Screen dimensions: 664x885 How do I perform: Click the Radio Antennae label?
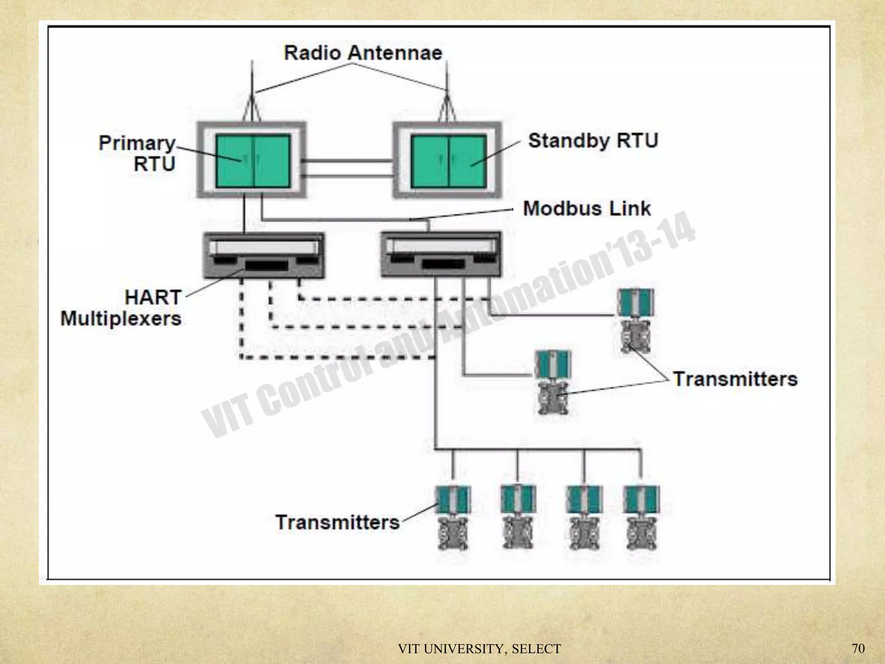pos(363,53)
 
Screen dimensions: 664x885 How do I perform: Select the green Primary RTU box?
pos(253,161)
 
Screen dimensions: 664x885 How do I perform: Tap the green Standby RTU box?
pos(448,161)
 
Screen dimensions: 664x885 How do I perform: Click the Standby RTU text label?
pos(593,141)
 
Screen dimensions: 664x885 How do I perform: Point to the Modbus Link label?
pos(586,209)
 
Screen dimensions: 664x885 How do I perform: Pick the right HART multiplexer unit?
pos(441,254)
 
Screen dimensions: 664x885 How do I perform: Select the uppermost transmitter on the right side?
pos(635,320)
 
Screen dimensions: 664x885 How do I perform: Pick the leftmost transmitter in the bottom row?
pos(452,517)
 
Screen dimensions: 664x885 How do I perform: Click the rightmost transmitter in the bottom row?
pos(641,517)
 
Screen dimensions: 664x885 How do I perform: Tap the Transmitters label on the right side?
pos(735,379)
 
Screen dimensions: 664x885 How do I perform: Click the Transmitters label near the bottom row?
pos(337,523)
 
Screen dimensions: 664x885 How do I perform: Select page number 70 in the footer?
pos(858,648)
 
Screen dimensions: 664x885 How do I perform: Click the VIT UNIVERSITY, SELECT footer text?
pos(479,649)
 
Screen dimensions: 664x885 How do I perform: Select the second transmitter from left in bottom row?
pos(518,517)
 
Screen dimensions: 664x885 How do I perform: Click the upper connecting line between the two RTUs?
pos(348,161)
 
